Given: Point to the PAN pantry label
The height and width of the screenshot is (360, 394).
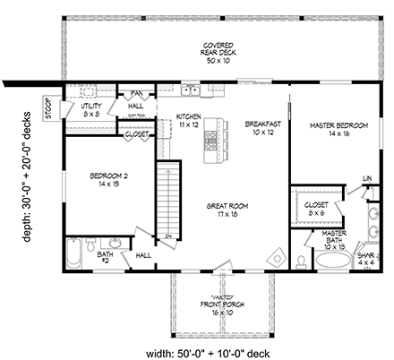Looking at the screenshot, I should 139,92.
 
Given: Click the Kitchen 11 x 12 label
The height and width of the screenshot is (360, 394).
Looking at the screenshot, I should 186,121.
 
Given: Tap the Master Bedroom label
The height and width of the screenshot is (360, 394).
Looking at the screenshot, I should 332,128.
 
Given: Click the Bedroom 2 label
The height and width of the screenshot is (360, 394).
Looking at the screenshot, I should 107,180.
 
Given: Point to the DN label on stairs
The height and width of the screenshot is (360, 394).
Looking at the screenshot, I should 167,236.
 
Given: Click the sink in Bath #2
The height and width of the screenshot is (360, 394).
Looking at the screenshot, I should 114,244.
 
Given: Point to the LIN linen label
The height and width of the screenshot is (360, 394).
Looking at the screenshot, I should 367,178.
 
